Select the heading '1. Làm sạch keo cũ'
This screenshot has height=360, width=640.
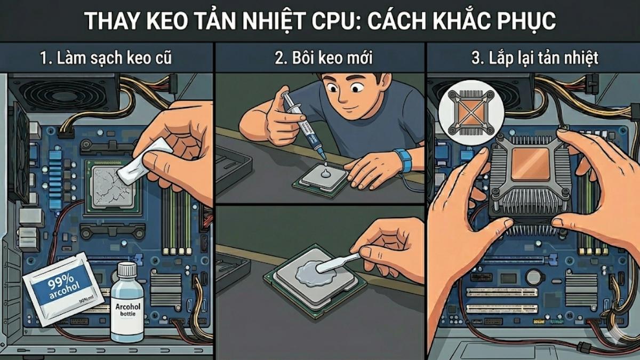click(x=106, y=58)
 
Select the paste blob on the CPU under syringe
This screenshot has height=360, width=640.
click(x=324, y=171)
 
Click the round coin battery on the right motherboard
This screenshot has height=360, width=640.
click(x=533, y=277)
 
